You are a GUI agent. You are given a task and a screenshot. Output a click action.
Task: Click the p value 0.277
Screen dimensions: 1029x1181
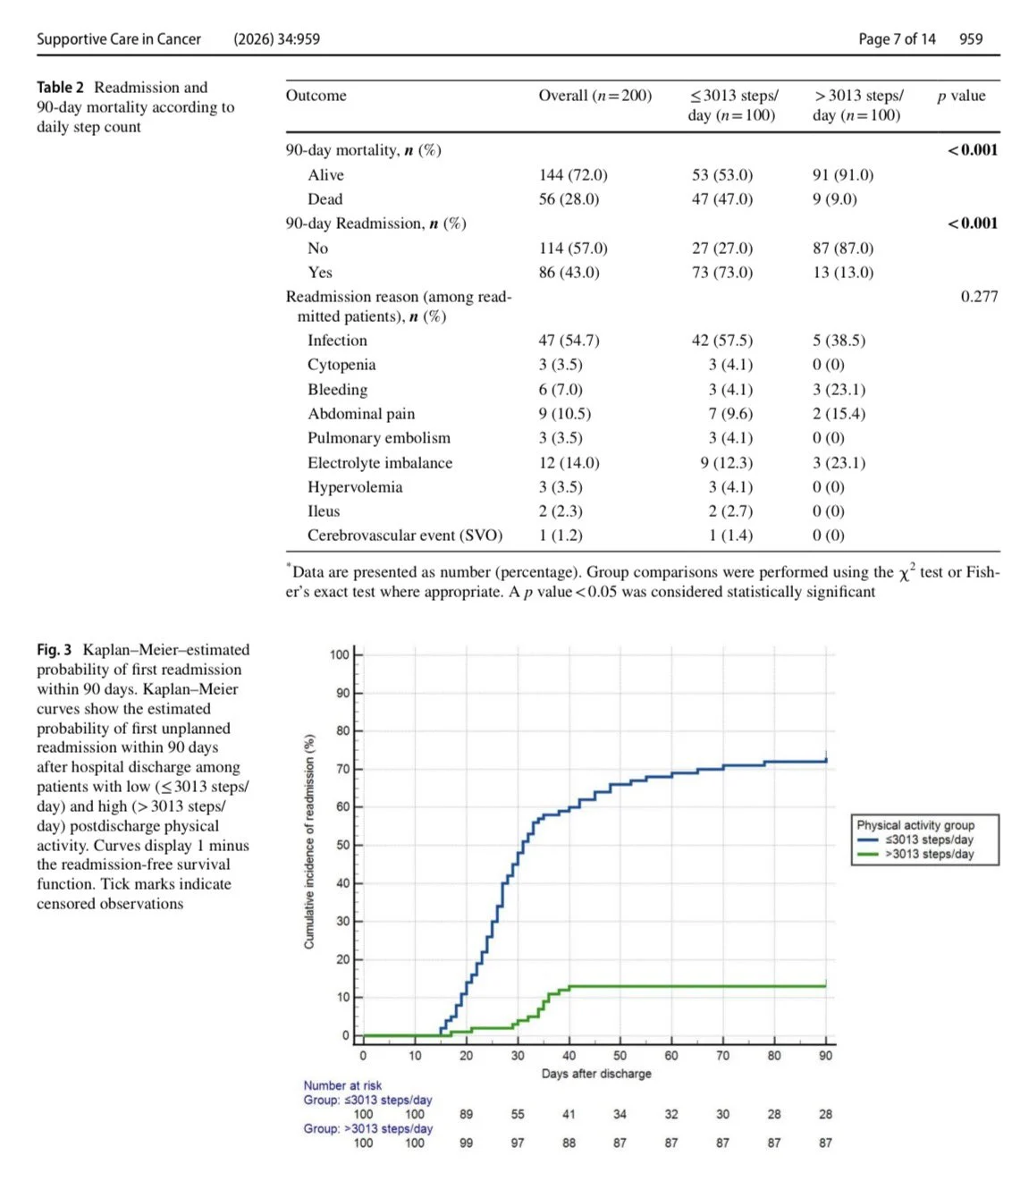(x=979, y=297)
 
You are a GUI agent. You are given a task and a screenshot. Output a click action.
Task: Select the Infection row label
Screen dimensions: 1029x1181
(x=337, y=341)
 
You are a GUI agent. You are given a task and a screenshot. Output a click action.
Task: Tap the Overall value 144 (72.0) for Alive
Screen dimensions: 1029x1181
(x=573, y=175)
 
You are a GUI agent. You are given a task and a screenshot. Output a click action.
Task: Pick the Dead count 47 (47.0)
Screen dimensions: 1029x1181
(x=722, y=199)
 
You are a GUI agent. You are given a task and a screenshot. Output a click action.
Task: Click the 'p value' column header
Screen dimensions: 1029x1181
(x=961, y=96)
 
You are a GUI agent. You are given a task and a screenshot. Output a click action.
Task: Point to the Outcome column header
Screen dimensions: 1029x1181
(x=316, y=96)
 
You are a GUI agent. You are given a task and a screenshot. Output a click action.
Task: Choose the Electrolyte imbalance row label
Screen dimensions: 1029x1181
(x=380, y=463)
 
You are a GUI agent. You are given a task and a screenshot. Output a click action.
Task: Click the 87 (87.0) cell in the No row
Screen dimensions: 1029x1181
(x=842, y=249)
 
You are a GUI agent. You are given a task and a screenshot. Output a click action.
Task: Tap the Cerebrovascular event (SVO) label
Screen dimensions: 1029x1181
(x=405, y=536)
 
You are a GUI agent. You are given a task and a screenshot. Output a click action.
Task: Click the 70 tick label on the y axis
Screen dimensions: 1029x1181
(x=342, y=770)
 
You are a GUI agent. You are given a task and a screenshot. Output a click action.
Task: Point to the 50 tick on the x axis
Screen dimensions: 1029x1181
(x=620, y=1056)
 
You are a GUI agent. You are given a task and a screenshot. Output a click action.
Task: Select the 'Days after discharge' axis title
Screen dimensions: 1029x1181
(x=596, y=1074)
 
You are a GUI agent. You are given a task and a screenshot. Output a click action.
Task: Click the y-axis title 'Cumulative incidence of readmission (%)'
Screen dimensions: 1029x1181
(x=309, y=841)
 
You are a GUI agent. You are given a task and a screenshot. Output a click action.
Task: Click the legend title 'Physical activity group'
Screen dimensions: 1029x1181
(x=915, y=825)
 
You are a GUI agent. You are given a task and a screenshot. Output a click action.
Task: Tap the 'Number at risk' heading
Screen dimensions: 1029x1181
(x=342, y=1085)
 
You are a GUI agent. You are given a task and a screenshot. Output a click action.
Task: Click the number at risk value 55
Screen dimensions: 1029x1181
(x=517, y=1115)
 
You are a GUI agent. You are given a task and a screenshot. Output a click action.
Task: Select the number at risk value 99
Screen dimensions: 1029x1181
(x=466, y=1143)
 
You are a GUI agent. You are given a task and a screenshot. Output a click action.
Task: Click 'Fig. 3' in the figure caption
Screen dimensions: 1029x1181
(x=54, y=650)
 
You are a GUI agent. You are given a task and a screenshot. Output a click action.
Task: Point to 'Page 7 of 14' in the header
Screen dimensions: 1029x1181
(x=897, y=39)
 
